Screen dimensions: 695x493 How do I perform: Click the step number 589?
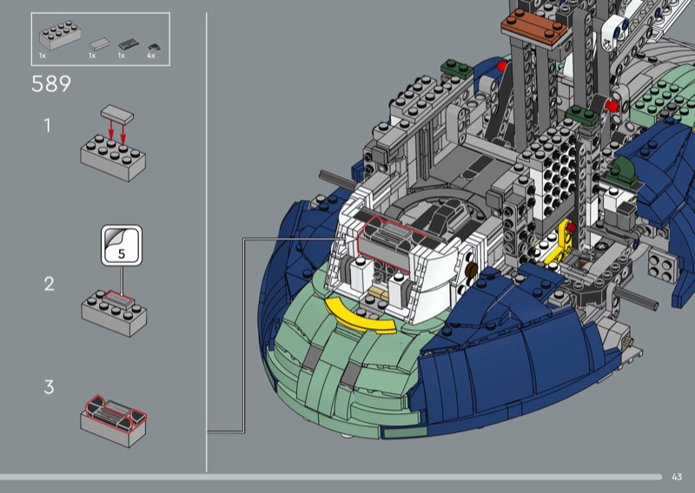pos(51,83)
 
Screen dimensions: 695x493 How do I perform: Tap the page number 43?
pos(677,477)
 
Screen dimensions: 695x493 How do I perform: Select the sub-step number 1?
pos(48,126)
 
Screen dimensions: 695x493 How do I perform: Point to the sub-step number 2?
pos(49,284)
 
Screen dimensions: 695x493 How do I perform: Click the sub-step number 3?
pos(49,387)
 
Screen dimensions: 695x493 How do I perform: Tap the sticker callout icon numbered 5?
pos(122,246)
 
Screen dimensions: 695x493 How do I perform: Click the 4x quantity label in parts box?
pos(151,56)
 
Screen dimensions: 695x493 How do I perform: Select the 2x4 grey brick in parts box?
pos(60,35)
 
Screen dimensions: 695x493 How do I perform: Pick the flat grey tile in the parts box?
pos(100,44)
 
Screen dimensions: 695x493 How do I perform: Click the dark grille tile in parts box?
pos(129,44)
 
